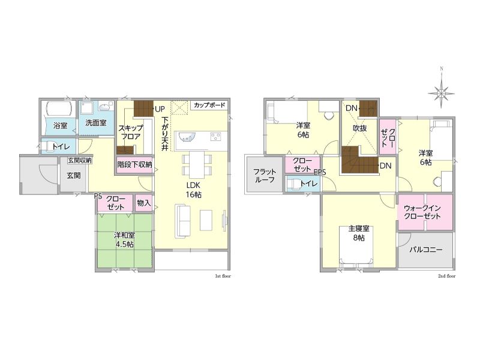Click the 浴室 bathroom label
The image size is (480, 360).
tap(60, 125)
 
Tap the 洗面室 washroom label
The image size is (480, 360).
tap(96, 123)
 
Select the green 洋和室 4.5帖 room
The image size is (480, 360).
tap(125, 241)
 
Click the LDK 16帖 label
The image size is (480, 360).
tap(193, 190)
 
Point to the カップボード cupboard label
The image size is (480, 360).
tap(209, 105)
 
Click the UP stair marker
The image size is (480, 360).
tap(160, 109)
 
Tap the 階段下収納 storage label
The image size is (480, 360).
tap(134, 164)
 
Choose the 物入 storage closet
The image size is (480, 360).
tap(144, 203)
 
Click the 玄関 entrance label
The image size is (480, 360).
tap(74, 175)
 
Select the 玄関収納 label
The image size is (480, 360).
tap(80, 160)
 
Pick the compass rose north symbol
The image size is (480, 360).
tap(441, 91)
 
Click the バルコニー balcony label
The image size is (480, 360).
tap(426, 250)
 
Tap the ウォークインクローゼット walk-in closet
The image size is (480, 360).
tap(425, 212)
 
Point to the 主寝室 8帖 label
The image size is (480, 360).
tap(359, 233)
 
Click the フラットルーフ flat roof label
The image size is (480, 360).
tap(265, 175)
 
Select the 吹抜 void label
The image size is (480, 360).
tap(359, 128)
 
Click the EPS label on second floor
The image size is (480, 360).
tap(320, 172)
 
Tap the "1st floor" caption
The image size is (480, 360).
tap(223, 276)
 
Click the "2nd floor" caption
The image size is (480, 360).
tap(446, 276)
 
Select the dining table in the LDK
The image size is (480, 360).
tap(197, 164)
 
